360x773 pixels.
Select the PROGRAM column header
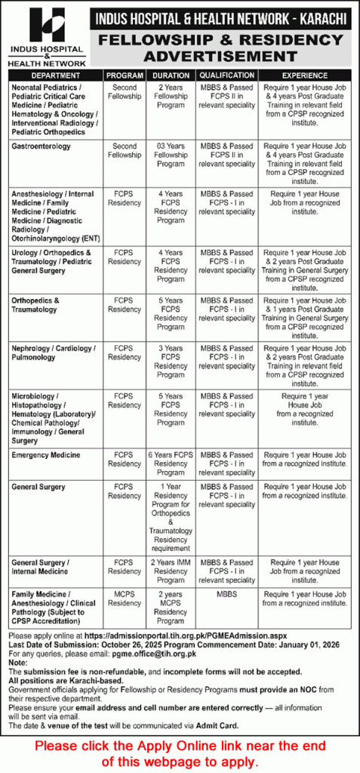125,76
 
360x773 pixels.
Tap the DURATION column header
171,76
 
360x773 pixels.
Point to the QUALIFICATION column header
226,76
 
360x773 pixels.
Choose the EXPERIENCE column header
304,76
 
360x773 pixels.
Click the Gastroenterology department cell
42,146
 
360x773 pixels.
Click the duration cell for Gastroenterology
171,155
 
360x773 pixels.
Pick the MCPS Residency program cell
125,599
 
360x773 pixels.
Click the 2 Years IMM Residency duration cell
171,571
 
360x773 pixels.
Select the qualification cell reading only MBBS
226,595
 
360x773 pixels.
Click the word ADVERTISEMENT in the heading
219,57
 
